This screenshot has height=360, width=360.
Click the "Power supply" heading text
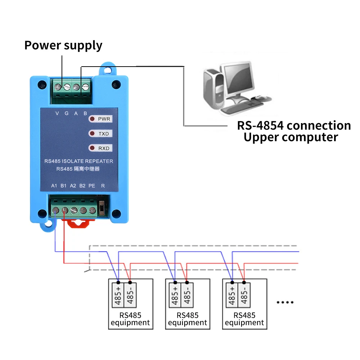(x=63, y=46)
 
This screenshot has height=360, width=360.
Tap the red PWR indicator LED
(x=92, y=119)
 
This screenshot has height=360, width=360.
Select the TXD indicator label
(x=103, y=134)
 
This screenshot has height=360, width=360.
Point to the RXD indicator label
(x=103, y=148)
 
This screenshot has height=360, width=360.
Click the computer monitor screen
(x=237, y=77)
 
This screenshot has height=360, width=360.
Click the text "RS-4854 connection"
(x=293, y=126)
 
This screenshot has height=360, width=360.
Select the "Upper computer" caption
(x=291, y=137)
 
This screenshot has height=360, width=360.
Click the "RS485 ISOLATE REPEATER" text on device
(x=78, y=161)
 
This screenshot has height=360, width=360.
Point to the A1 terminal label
(x=54, y=186)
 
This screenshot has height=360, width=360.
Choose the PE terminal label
(x=92, y=186)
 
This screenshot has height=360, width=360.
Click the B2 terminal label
(x=82, y=186)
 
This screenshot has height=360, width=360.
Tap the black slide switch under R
(x=102, y=208)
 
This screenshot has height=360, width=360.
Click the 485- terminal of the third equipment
(x=244, y=294)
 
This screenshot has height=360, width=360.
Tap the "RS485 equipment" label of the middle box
(x=188, y=319)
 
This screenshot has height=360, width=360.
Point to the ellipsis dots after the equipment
(x=285, y=302)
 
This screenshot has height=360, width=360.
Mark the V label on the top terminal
(x=57, y=113)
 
